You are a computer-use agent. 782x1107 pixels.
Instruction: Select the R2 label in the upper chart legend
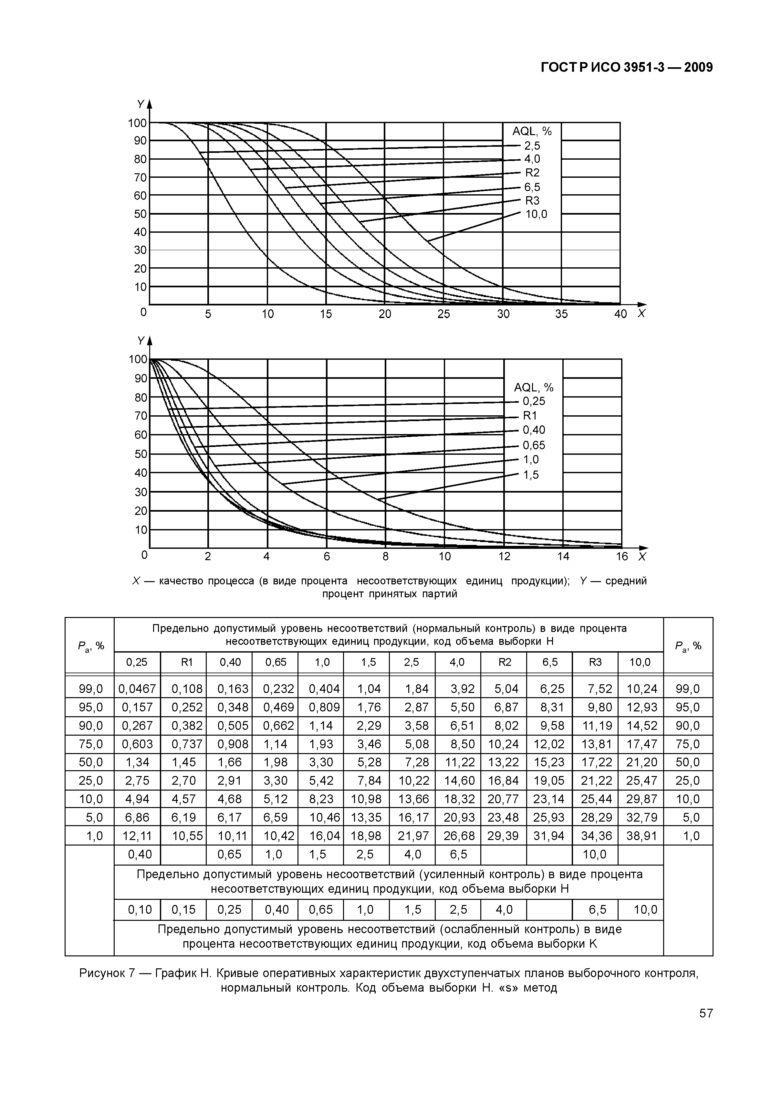532,173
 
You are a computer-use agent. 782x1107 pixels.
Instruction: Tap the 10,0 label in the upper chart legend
536,215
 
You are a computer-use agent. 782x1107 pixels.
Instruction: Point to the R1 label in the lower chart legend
530,416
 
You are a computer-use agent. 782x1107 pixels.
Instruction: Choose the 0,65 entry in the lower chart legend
534,445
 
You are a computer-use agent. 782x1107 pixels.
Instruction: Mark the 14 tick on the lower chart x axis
563,556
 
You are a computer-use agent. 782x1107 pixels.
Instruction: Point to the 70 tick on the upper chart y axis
140,177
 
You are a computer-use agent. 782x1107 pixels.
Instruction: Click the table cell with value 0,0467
137,689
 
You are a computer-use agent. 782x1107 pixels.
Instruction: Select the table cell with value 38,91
641,836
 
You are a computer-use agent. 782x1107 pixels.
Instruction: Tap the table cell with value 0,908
229,744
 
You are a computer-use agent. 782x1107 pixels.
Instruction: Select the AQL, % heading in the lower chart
533,388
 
